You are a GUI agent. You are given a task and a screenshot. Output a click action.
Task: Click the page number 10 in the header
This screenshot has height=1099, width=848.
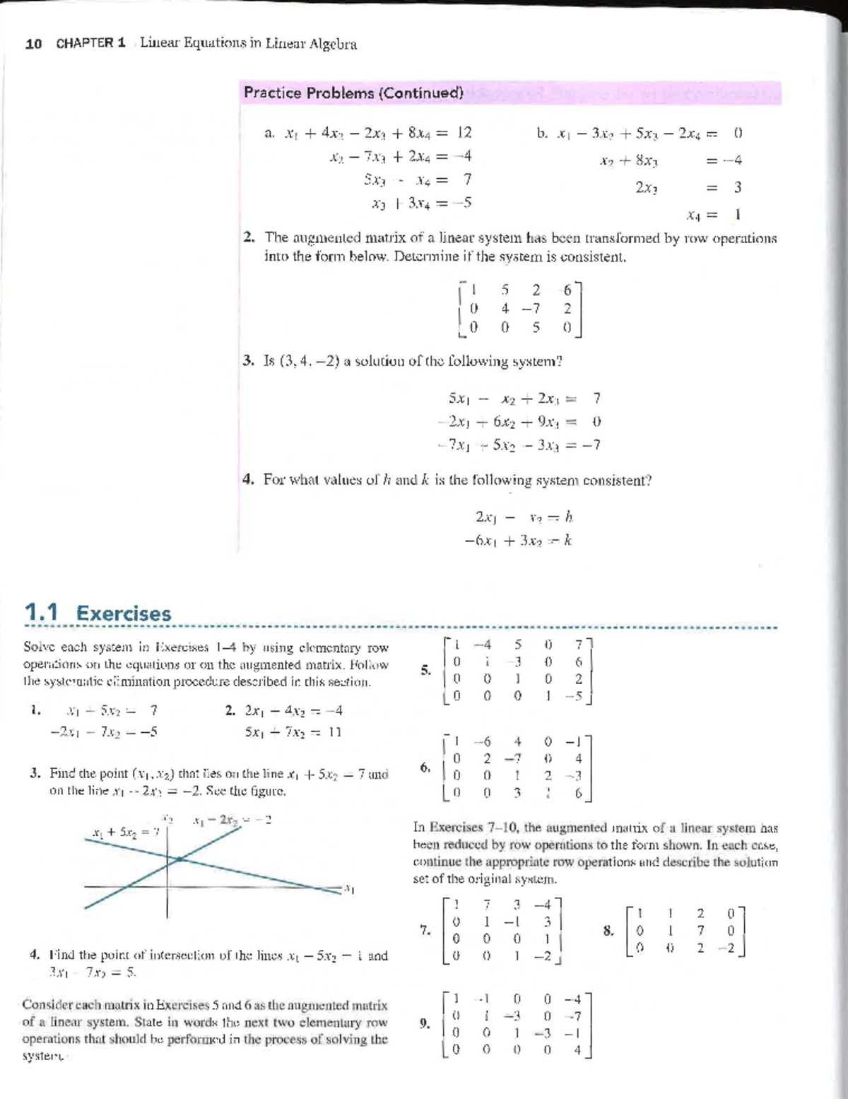coord(33,44)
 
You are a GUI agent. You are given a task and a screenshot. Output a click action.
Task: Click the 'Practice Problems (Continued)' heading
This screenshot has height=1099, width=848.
coord(353,93)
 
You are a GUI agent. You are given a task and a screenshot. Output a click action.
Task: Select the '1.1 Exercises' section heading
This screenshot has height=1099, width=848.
coord(98,613)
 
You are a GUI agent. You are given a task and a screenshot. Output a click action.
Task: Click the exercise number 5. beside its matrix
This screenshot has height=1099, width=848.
coord(425,670)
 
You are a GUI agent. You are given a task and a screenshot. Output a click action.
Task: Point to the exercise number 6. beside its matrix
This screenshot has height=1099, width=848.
coord(425,767)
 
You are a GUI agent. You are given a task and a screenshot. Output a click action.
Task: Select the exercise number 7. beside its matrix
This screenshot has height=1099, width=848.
coord(425,931)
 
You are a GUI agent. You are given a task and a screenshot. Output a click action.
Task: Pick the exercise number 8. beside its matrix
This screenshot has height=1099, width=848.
coord(608,931)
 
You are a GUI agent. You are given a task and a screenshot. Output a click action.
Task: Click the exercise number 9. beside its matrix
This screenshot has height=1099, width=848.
coord(424,1021)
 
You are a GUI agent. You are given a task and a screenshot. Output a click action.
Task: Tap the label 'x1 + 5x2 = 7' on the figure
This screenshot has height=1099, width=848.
coord(124,833)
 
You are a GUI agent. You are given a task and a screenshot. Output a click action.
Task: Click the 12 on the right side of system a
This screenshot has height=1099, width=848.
coord(464,132)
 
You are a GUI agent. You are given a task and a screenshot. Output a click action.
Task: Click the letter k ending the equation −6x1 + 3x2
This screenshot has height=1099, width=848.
coord(567,541)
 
